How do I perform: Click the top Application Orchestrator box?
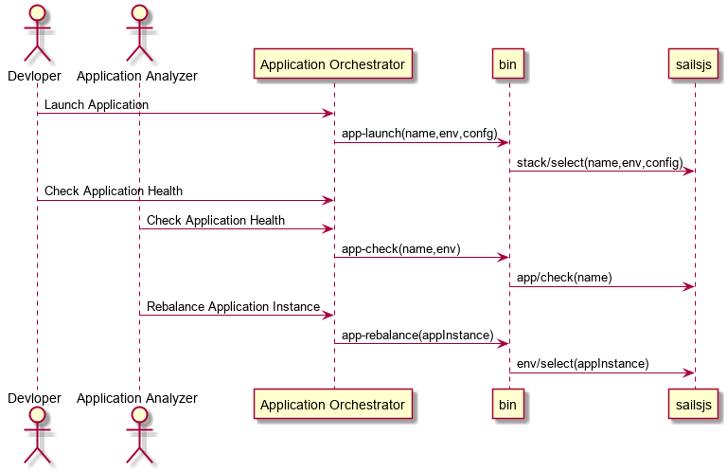click(333, 64)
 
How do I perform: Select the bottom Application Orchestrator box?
click(333, 405)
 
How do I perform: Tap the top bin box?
click(508, 64)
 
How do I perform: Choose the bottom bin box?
click(508, 405)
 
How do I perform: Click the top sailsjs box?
click(693, 64)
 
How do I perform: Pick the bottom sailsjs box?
click(693, 405)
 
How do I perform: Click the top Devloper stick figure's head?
click(37, 13)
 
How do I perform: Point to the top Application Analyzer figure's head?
click(139, 13)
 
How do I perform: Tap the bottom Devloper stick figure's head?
click(37, 415)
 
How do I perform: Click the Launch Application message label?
click(97, 105)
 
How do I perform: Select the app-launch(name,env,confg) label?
click(419, 134)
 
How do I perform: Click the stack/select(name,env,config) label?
click(600, 162)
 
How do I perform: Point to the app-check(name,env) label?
click(401, 249)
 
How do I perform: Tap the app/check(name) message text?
click(564, 278)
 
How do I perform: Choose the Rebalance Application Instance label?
click(233, 307)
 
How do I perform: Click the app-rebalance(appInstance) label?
click(417, 336)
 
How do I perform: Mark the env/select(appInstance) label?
click(583, 364)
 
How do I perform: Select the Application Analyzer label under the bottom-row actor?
click(136, 398)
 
